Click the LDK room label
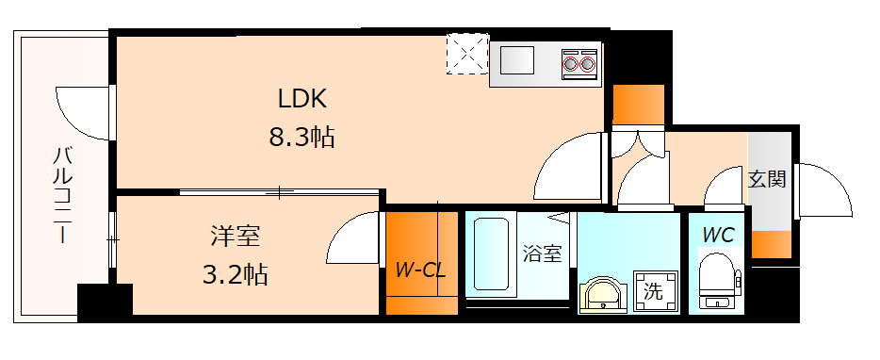point(301,97)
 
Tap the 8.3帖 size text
point(301,138)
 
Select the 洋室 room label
point(236,235)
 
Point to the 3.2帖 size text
point(236,274)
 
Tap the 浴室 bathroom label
point(543,253)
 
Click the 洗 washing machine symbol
point(652,291)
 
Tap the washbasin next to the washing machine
point(600,294)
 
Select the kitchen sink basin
point(517,62)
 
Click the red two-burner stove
point(579,63)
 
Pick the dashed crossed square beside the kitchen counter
point(466,54)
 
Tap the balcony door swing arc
point(80,110)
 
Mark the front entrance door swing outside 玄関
point(822,192)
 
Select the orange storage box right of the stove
point(638,103)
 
